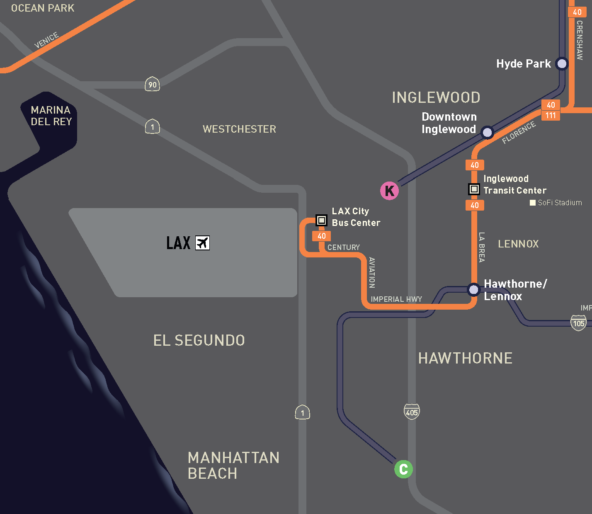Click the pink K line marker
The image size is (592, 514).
coord(390,191)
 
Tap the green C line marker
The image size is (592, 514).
coord(403,469)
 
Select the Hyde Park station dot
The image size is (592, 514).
coord(562,64)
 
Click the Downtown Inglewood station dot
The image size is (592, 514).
coord(487,133)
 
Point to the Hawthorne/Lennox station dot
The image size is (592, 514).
coord(473,289)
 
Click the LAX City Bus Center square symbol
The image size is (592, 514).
coord(321,220)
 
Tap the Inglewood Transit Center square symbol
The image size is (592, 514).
coord(474,189)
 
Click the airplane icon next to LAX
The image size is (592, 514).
coord(202,243)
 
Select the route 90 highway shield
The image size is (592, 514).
coord(152,85)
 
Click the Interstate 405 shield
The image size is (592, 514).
coord(412,412)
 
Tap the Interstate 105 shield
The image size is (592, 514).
coord(579,323)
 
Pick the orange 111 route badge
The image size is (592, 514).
coord(551,115)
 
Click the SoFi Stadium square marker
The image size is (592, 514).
coord(533,203)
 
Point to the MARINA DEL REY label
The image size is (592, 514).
coord(51,116)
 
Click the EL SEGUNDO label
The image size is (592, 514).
coord(199,340)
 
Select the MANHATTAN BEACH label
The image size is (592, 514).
coord(233,466)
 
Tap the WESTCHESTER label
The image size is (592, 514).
coord(239,129)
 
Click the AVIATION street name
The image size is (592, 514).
coord(372,272)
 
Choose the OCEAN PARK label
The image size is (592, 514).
coord(43,8)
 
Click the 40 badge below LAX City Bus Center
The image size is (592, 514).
coord(322,236)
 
